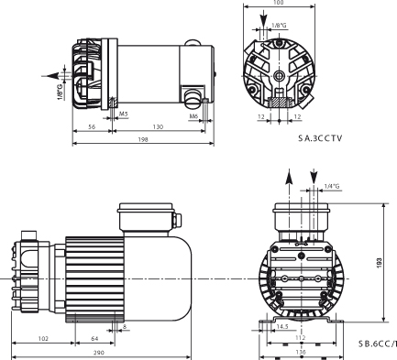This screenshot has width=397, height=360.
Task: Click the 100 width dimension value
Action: (278, 4)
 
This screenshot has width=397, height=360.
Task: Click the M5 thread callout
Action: (124, 115)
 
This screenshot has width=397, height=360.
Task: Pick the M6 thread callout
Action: (193, 115)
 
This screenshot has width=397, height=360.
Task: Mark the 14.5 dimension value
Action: (282, 325)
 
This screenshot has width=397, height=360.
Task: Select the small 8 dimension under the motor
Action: (125, 325)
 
